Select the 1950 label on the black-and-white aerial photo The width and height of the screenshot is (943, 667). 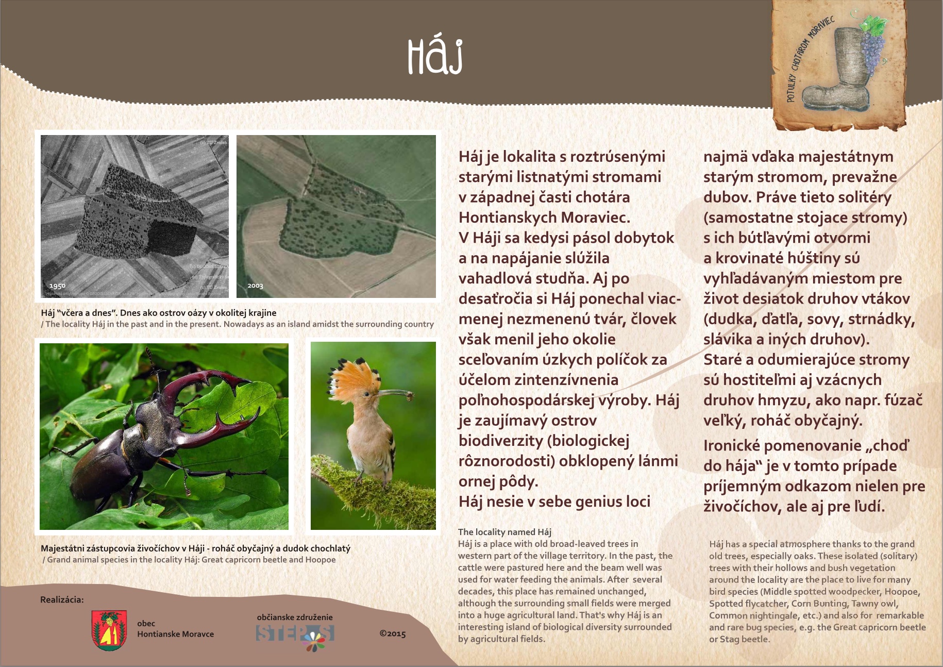click(57, 286)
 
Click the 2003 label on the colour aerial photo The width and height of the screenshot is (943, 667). click(255, 286)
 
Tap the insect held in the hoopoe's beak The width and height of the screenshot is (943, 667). click(410, 396)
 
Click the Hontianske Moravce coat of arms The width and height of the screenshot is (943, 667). click(109, 630)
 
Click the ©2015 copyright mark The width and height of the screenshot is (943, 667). click(393, 633)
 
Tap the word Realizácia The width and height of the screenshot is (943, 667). click(62, 599)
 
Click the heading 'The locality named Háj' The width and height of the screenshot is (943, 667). click(504, 532)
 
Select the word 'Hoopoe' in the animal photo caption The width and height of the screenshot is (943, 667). click(320, 560)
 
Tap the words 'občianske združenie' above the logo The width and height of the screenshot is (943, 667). click(295, 617)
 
